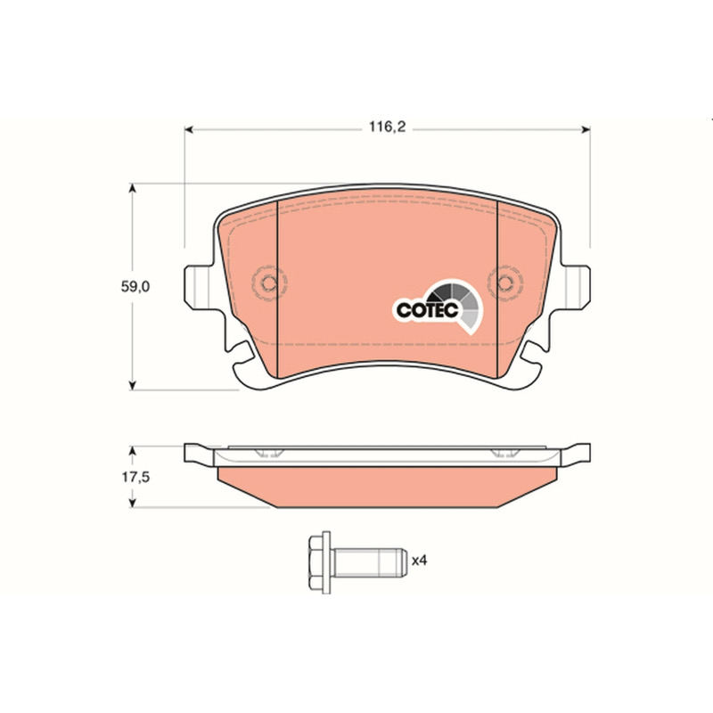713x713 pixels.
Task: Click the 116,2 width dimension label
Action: pyautogui.click(x=387, y=127)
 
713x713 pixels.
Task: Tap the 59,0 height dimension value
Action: pyautogui.click(x=135, y=286)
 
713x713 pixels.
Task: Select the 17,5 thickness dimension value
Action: pyautogui.click(x=135, y=477)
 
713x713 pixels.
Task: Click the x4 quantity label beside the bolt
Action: pyautogui.click(x=419, y=561)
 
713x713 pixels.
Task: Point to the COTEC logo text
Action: pyautogui.click(x=427, y=310)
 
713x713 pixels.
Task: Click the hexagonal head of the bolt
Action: pyautogui.click(x=319, y=562)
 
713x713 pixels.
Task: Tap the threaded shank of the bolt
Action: pyautogui.click(x=368, y=562)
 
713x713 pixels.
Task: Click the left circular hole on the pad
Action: pyautogui.click(x=269, y=283)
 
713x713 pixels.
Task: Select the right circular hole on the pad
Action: pyautogui.click(x=505, y=283)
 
